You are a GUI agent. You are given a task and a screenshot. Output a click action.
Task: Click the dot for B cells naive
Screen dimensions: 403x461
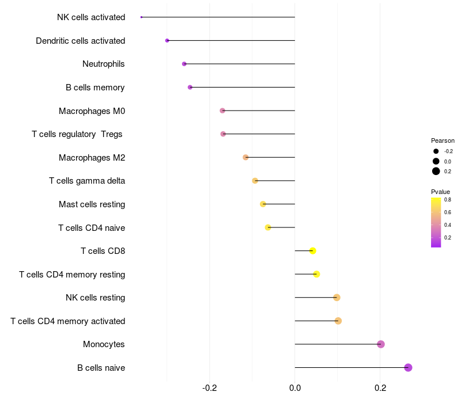click(408, 367)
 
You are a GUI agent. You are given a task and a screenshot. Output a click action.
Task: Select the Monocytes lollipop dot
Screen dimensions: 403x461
click(380, 344)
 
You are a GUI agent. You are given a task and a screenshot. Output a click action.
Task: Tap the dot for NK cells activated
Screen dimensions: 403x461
click(141, 17)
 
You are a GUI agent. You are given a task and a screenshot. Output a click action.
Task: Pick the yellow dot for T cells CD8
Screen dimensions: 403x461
click(312, 250)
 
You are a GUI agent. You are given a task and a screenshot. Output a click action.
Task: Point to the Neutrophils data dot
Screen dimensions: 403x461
click(184, 64)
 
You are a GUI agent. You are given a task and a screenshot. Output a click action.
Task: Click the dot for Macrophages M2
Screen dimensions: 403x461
click(245, 157)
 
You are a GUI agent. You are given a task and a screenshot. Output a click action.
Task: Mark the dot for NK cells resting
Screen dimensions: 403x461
click(337, 298)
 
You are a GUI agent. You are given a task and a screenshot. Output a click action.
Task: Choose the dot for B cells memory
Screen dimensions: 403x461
click(190, 88)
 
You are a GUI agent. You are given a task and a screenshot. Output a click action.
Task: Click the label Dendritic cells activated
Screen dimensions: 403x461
click(80, 41)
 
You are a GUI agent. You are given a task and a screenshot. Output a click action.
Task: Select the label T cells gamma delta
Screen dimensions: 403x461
click(87, 181)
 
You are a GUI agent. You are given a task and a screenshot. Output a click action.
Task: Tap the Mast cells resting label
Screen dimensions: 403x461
click(92, 204)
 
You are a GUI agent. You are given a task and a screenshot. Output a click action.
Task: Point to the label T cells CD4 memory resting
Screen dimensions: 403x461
click(72, 275)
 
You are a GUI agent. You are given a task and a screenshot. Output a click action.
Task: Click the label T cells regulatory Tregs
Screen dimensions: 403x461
click(77, 134)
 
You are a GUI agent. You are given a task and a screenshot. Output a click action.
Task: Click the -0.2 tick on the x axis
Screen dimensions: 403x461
click(210, 388)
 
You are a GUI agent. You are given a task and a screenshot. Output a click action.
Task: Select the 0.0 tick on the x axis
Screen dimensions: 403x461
click(295, 388)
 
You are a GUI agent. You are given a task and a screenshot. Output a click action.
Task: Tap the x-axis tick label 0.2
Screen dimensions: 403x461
click(380, 388)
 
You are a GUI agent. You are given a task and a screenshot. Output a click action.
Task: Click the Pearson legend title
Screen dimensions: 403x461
click(443, 140)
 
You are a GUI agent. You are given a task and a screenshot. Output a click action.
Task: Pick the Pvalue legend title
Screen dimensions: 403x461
click(440, 192)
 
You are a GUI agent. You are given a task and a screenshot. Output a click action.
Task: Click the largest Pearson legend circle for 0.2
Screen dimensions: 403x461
click(436, 171)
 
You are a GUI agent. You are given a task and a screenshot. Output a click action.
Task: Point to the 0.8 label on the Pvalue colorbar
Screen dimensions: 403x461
click(447, 200)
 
